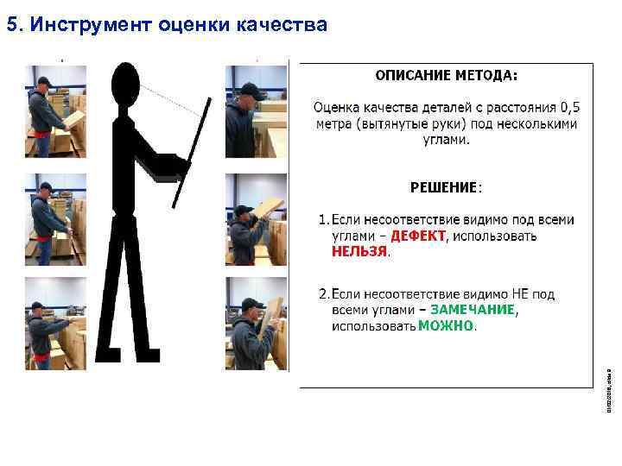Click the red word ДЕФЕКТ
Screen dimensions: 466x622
tap(418, 235)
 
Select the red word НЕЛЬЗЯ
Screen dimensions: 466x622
tap(360, 252)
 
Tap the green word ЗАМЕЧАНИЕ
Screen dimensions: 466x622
tap(473, 309)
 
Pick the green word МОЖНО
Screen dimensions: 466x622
tap(446, 326)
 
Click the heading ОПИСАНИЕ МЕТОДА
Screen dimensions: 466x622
tap(446, 75)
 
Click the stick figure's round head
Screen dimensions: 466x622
tap(127, 83)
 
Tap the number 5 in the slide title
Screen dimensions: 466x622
tap(11, 25)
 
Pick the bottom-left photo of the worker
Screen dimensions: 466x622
tap(55, 324)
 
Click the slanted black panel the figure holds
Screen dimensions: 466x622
tap(192, 153)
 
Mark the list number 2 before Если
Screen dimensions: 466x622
tap(322, 293)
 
